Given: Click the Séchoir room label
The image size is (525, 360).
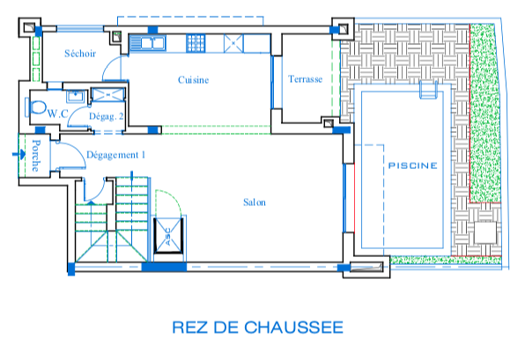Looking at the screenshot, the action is (80, 54).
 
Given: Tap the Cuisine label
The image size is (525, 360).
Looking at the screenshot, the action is (193, 80).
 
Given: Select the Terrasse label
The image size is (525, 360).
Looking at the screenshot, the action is (305, 79).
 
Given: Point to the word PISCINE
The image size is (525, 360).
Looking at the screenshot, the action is (412, 165).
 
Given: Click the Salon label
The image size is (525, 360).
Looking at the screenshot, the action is (255, 202).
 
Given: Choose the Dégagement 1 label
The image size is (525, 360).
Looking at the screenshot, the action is (116, 155).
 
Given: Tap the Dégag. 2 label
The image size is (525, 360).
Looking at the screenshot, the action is (106, 116).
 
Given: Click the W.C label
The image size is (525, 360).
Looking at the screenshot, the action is (58, 114).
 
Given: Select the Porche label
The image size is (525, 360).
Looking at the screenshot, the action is (36, 156).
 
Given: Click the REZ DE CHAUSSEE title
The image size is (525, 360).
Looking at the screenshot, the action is (258, 327).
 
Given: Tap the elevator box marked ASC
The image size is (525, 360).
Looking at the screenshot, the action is (168, 236).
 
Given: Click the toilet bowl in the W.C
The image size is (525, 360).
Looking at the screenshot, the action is (37, 107).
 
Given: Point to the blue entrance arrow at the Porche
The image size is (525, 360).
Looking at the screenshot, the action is (18, 154).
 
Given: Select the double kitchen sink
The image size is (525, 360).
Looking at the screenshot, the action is (148, 43).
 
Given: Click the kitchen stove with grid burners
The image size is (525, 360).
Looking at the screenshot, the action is (196, 43).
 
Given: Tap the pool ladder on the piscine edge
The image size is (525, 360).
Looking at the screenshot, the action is (429, 90).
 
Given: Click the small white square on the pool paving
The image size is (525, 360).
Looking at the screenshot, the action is (485, 232).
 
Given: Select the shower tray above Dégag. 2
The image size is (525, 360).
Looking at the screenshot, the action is (107, 95).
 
